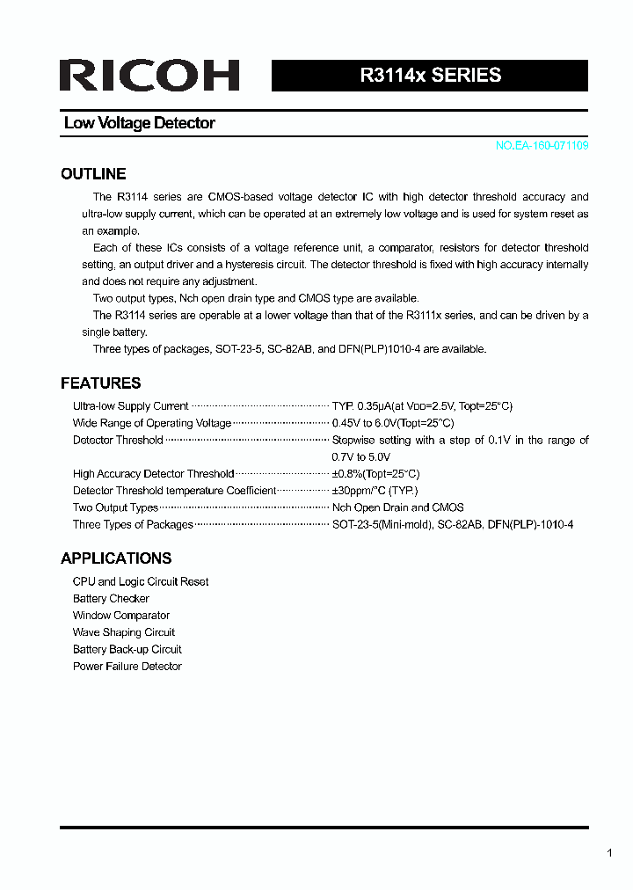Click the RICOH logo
coord(149,76)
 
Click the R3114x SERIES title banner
coord(430,76)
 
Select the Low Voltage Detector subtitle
coord(139,123)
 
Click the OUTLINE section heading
coord(93,174)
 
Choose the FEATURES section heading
coord(100,383)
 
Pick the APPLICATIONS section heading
coord(116,558)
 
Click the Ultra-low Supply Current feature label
coord(130,406)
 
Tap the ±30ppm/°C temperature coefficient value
coord(375,491)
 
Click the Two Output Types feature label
coord(115,507)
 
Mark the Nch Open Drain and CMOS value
coord(397,507)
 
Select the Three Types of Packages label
coord(133,525)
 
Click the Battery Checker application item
coord(111,599)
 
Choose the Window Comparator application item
coord(121,616)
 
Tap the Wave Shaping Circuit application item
coord(124,632)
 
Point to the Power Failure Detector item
coord(127,667)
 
